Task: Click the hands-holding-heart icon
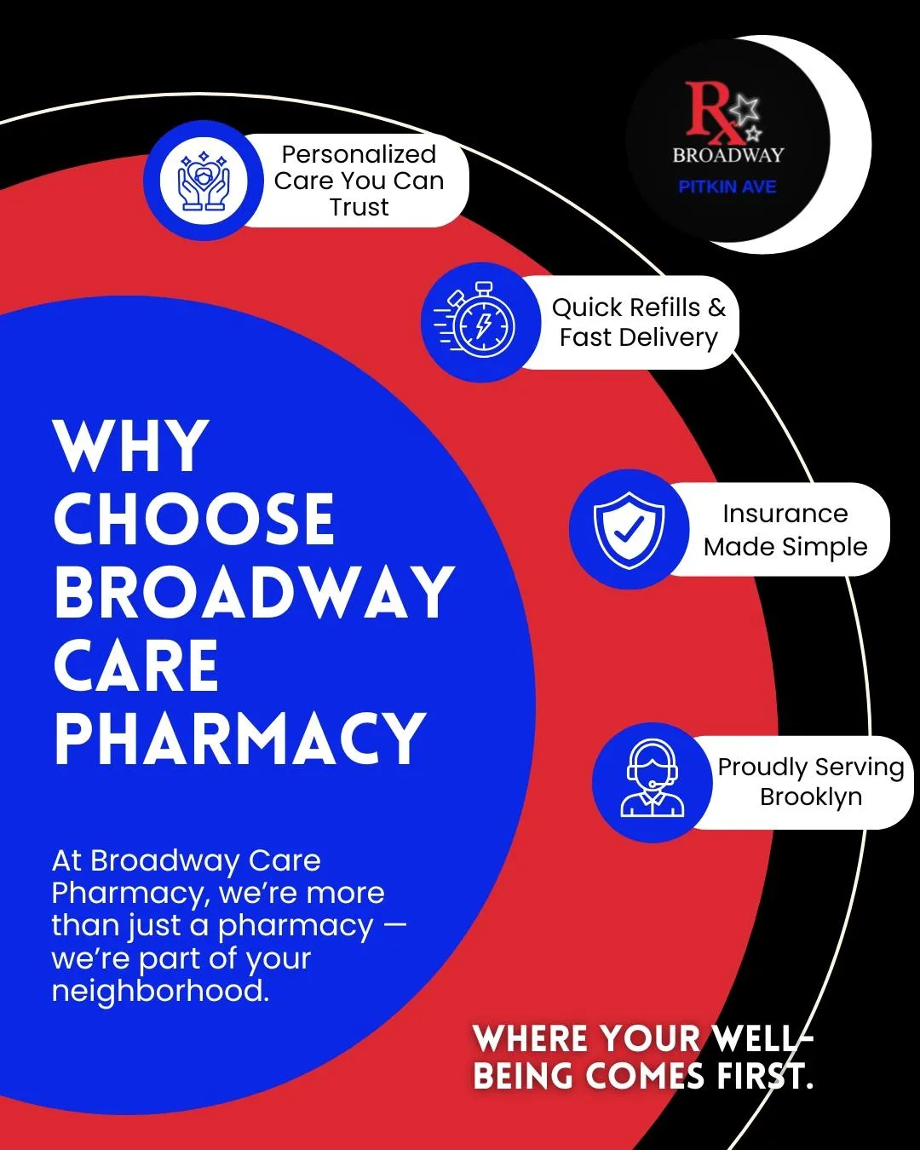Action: [x=204, y=181]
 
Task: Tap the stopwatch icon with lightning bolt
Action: [x=481, y=323]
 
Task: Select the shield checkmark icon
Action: [x=629, y=529]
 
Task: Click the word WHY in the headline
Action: [x=131, y=446]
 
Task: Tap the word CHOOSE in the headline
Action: [x=194, y=520]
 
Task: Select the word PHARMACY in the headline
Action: [x=239, y=739]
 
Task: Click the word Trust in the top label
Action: [x=359, y=207]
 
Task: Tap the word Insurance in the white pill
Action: [x=785, y=514]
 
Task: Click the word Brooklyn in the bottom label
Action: [x=810, y=796]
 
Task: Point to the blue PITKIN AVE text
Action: [x=727, y=187]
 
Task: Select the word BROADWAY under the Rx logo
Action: [x=727, y=155]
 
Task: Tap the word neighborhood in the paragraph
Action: [x=159, y=991]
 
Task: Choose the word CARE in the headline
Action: [x=136, y=666]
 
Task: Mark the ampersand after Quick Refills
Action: [x=716, y=307]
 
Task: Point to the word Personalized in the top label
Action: [x=359, y=154]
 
